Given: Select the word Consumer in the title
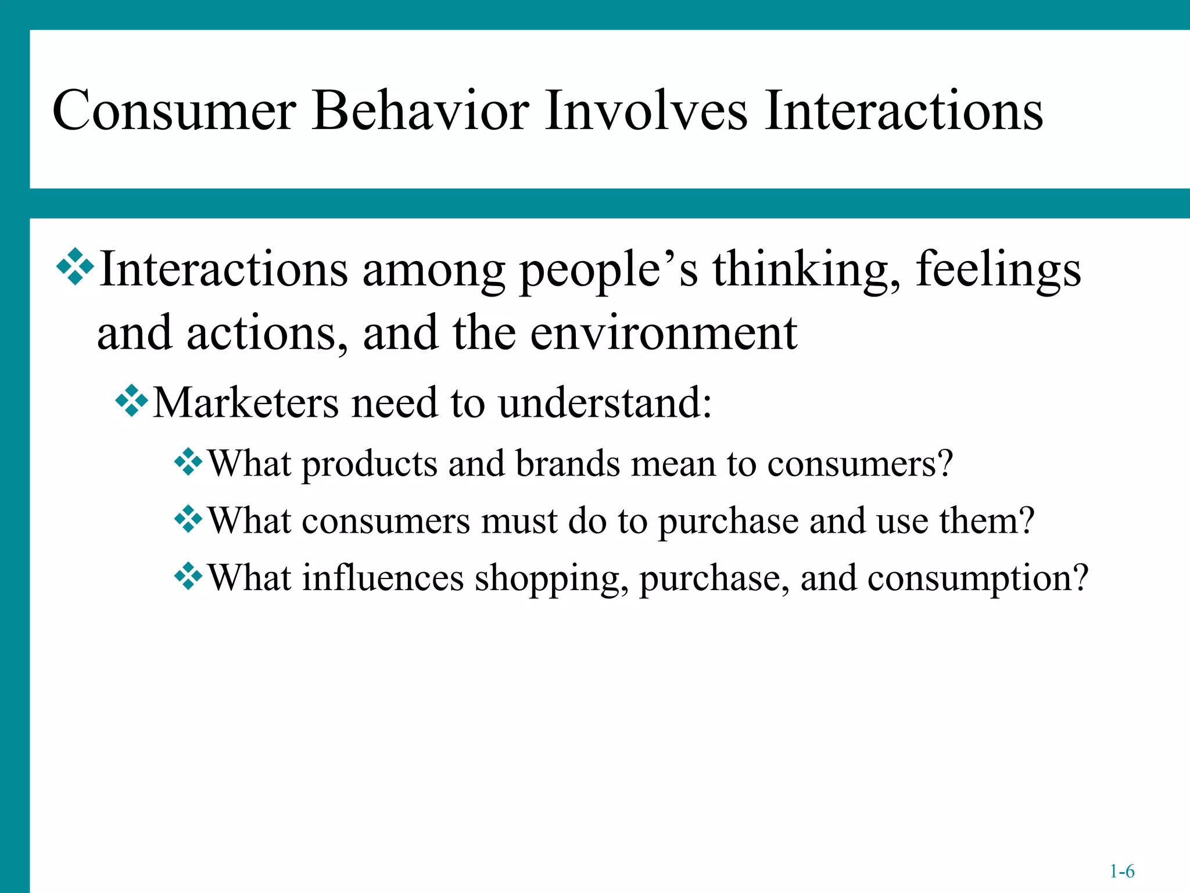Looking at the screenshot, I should coord(174,110).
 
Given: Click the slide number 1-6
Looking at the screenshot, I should coord(1121,871).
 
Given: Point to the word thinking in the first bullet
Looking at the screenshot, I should coord(807,270).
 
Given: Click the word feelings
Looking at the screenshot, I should coord(998,270).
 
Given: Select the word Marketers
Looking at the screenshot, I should coord(245,402).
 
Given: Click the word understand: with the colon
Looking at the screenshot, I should coord(605,402).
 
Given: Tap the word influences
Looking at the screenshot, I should coord(382,578).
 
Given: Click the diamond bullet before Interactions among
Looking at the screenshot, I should coord(75,267).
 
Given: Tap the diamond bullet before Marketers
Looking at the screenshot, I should coord(132,401).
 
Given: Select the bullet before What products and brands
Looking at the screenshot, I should coord(188,462).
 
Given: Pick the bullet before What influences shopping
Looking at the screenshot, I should coord(188,576).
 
